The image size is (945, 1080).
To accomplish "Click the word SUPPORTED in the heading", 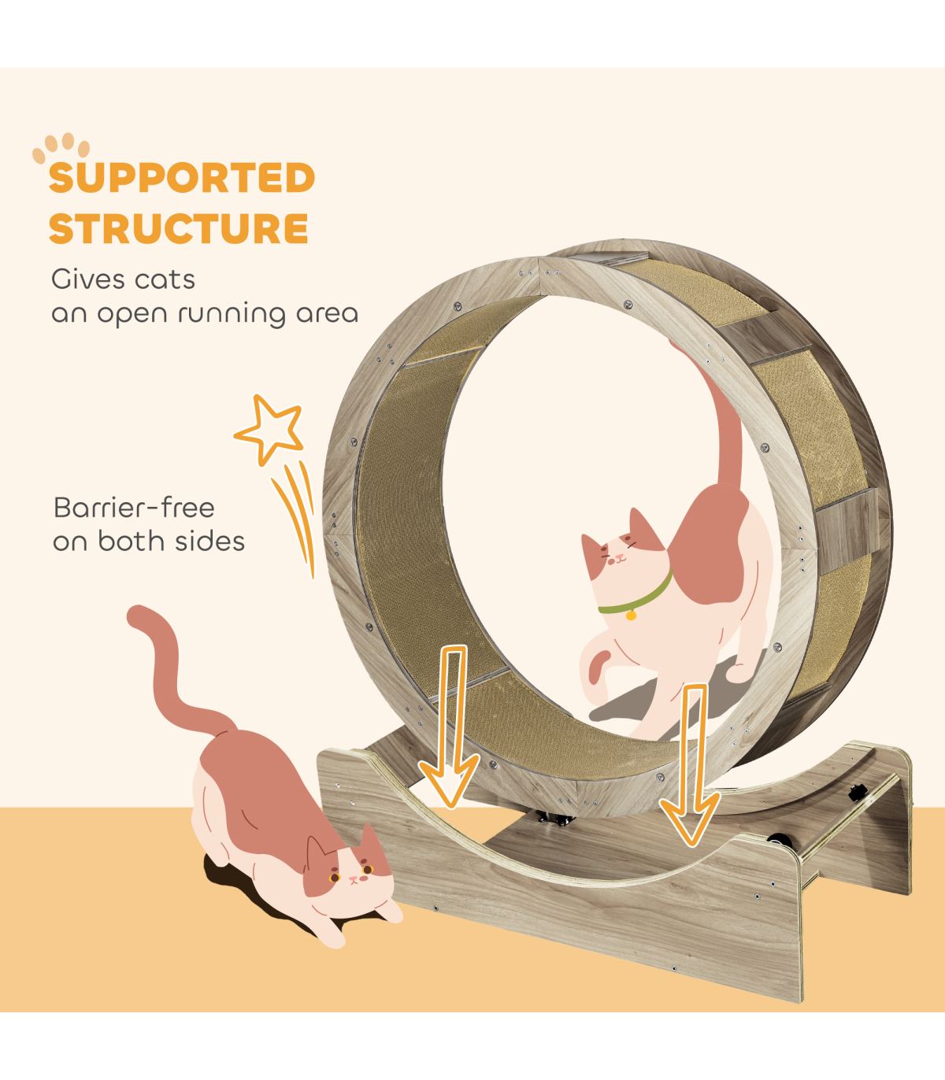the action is [x=182, y=177].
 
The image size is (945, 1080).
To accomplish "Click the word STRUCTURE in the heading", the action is [x=179, y=228].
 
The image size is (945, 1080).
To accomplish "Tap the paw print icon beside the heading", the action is [x=61, y=146].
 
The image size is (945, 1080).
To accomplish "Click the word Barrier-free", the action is [x=134, y=508].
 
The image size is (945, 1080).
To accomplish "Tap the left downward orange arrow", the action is [x=449, y=727].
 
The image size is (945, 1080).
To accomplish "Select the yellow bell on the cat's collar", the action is [x=631, y=615].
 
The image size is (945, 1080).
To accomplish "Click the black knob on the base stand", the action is [x=858, y=793].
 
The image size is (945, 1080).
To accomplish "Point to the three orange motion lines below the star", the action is [x=294, y=520].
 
